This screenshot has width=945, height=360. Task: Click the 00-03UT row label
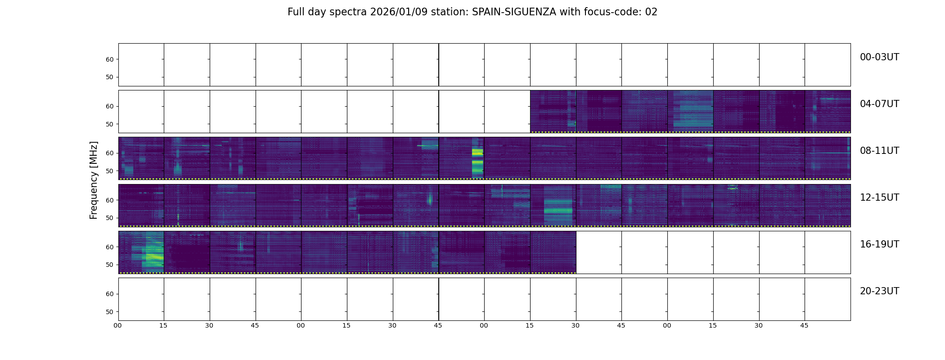pyautogui.click(x=879, y=57)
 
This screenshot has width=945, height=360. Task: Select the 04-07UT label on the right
pyautogui.click(x=879, y=104)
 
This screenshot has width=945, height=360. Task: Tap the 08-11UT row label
pyautogui.click(x=879, y=151)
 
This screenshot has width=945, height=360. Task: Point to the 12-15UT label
pyautogui.click(x=879, y=198)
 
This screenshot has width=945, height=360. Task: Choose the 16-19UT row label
pyautogui.click(x=879, y=244)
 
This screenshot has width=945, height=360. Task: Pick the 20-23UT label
pyautogui.click(x=879, y=291)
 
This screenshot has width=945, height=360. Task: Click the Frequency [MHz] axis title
pyautogui.click(x=94, y=180)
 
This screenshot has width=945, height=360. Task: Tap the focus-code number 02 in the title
pyautogui.click(x=651, y=12)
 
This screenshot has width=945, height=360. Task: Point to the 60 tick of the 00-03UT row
pyautogui.click(x=110, y=59)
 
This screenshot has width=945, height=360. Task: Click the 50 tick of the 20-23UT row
pyautogui.click(x=110, y=312)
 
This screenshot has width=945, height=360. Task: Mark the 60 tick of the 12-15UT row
pyautogui.click(x=110, y=200)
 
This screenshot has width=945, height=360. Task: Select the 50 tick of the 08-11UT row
pyautogui.click(x=110, y=171)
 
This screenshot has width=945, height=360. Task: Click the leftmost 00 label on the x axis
pyautogui.click(x=118, y=325)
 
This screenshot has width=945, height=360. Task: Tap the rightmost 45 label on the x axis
pyautogui.click(x=804, y=325)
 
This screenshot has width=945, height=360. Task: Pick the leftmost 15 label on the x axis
pyautogui.click(x=163, y=325)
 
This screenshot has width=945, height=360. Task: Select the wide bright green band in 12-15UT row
pyautogui.click(x=558, y=210)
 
